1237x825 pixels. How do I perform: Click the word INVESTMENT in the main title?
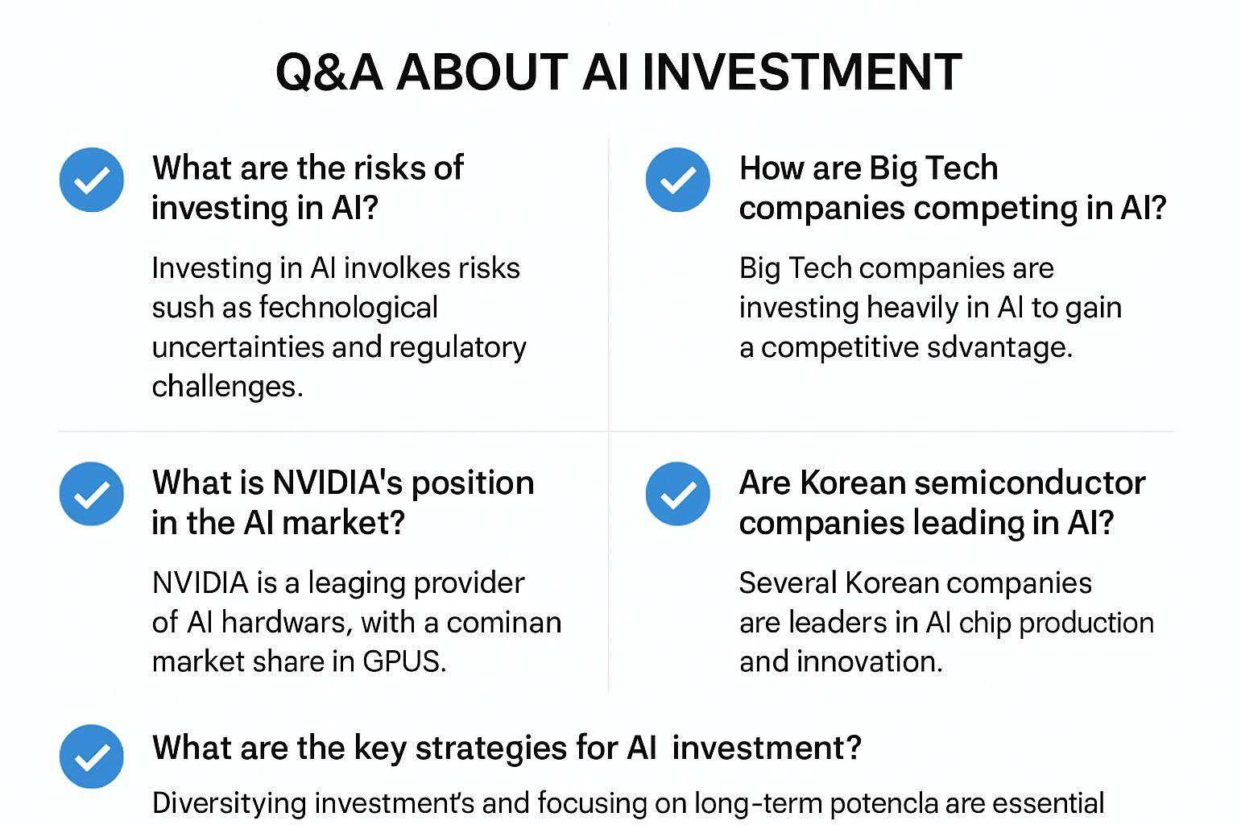(x=802, y=72)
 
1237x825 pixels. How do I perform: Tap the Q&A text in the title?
(x=329, y=73)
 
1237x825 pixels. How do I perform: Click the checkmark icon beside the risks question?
(x=92, y=180)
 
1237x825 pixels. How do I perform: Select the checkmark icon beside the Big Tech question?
(x=677, y=180)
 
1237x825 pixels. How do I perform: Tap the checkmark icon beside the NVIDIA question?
(x=92, y=493)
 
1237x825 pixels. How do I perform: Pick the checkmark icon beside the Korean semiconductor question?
(x=677, y=493)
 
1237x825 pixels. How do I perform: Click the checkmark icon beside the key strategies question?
(x=92, y=756)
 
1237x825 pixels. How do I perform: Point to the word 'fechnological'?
(x=349, y=308)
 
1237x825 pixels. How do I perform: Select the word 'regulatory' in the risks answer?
(x=457, y=348)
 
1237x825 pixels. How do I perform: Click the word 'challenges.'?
(x=228, y=386)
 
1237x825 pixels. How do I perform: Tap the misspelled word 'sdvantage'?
(x=999, y=347)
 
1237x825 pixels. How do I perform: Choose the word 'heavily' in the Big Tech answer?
(x=912, y=308)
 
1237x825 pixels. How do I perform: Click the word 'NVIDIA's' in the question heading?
(x=337, y=483)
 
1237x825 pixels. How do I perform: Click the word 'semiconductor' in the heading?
(x=1030, y=483)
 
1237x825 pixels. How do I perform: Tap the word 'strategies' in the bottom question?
(x=491, y=748)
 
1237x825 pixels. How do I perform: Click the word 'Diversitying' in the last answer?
(x=230, y=804)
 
